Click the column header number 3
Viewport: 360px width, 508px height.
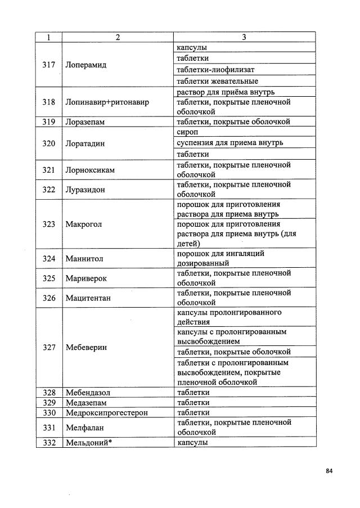(244, 38)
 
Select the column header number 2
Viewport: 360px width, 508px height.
(118, 38)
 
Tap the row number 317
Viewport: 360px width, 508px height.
(49, 65)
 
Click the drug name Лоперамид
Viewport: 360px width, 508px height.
(86, 65)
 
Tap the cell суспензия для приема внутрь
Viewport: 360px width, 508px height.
(229, 143)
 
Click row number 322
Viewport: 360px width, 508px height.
(49, 190)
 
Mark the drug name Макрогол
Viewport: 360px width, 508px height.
(84, 224)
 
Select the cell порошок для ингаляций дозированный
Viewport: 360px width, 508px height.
(220, 258)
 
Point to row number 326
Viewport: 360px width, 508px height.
(49, 298)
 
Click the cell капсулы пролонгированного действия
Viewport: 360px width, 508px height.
(229, 317)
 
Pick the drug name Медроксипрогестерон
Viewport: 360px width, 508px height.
(106, 413)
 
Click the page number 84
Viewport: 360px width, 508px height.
(329, 471)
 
